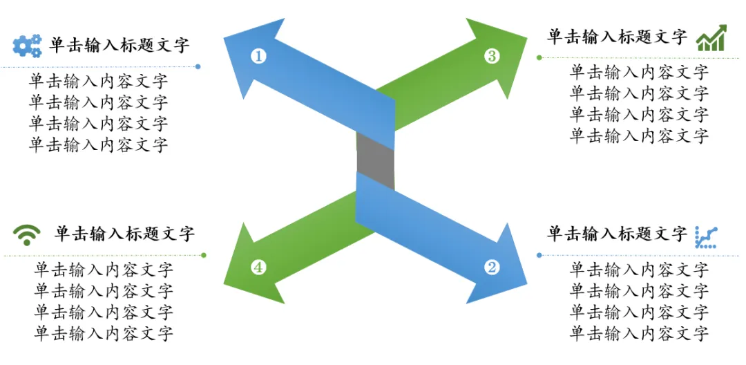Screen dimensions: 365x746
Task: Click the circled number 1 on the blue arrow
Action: coord(259,56)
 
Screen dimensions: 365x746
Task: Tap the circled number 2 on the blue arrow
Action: coord(492,267)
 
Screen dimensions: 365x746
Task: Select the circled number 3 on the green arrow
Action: coord(492,56)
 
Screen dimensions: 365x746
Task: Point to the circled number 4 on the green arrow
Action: coord(259,267)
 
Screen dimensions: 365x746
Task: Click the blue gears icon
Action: coord(27,46)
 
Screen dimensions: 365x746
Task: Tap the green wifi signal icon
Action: coord(27,235)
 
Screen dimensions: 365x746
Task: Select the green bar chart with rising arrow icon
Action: coord(711,39)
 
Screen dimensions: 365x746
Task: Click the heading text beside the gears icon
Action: coord(119,46)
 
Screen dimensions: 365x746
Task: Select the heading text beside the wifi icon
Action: coord(124,234)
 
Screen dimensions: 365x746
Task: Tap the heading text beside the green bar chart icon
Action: coord(617,37)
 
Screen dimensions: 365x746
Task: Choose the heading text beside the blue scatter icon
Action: coord(617,234)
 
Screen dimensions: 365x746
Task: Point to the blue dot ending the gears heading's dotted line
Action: coord(198,67)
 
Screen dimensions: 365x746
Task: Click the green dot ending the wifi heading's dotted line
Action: coord(204,255)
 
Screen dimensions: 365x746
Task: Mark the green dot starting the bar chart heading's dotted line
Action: coord(539,58)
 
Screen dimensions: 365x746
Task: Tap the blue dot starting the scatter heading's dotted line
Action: coord(539,255)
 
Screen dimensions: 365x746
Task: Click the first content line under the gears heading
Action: coord(98,81)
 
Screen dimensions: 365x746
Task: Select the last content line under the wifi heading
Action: coord(104,334)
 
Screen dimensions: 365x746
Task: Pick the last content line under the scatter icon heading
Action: coord(639,334)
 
